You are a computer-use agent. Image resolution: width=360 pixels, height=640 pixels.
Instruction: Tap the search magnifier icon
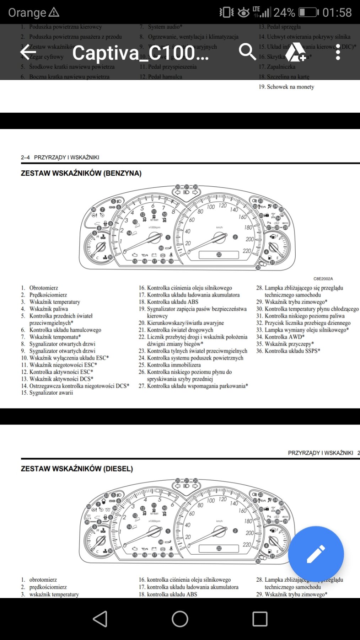[x=247, y=52]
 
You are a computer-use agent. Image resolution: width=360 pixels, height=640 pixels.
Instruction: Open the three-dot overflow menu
[x=338, y=52]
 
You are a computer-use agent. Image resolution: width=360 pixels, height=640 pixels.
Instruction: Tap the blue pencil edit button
[x=316, y=554]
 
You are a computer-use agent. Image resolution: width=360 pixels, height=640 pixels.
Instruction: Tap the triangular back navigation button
[x=100, y=619]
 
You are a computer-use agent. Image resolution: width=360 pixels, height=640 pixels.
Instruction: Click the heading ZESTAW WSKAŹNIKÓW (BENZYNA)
[x=81, y=173]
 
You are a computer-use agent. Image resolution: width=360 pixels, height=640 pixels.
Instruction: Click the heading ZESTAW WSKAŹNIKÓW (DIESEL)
[x=77, y=469]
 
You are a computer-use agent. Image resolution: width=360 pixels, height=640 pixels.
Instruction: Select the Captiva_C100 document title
[x=141, y=53]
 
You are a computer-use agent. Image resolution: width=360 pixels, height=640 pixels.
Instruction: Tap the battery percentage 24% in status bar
[x=284, y=12]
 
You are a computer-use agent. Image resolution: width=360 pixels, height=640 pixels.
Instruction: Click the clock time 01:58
[x=337, y=12]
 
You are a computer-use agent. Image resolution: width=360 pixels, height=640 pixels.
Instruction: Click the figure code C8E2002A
[x=323, y=279]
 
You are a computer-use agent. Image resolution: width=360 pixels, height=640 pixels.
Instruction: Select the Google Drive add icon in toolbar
[x=295, y=52]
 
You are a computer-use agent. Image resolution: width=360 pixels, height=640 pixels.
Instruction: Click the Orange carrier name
[x=27, y=12]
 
